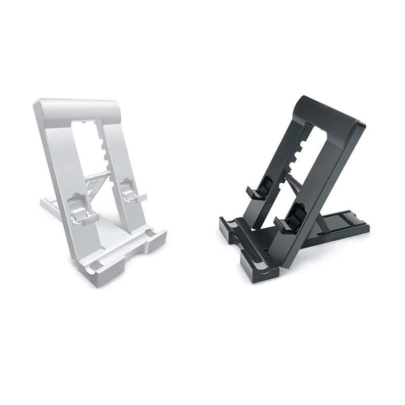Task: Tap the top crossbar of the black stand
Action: pos(329,114)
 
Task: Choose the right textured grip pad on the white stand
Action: pos(150,233)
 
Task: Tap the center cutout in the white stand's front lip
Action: pos(129,256)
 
